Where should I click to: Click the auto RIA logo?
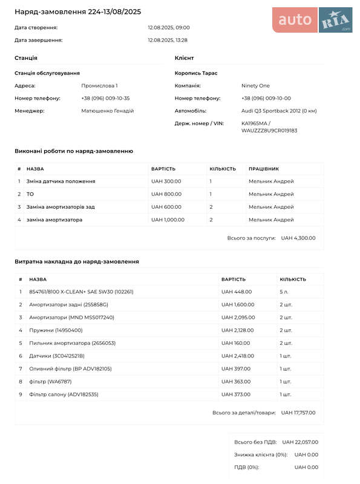(312, 20)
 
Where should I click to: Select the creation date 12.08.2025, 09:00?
(169, 27)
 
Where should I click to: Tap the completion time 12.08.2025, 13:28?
(168, 40)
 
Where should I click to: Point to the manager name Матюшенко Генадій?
(108, 111)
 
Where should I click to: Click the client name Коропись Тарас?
(196, 73)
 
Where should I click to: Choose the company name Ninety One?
(256, 85)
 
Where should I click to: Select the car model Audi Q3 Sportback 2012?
(279, 111)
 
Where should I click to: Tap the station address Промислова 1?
(100, 85)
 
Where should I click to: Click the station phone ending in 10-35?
(106, 98)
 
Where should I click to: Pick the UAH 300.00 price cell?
(166, 181)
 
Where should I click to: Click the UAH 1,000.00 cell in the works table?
(168, 220)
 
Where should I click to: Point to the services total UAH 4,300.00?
(298, 238)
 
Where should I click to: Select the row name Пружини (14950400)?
(56, 330)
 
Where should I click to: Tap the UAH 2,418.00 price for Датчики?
(238, 356)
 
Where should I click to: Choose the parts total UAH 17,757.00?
(298, 413)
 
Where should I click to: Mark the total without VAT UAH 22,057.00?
(300, 442)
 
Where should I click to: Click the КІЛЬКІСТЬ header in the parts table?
(293, 280)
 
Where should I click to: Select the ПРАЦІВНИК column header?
(264, 169)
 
